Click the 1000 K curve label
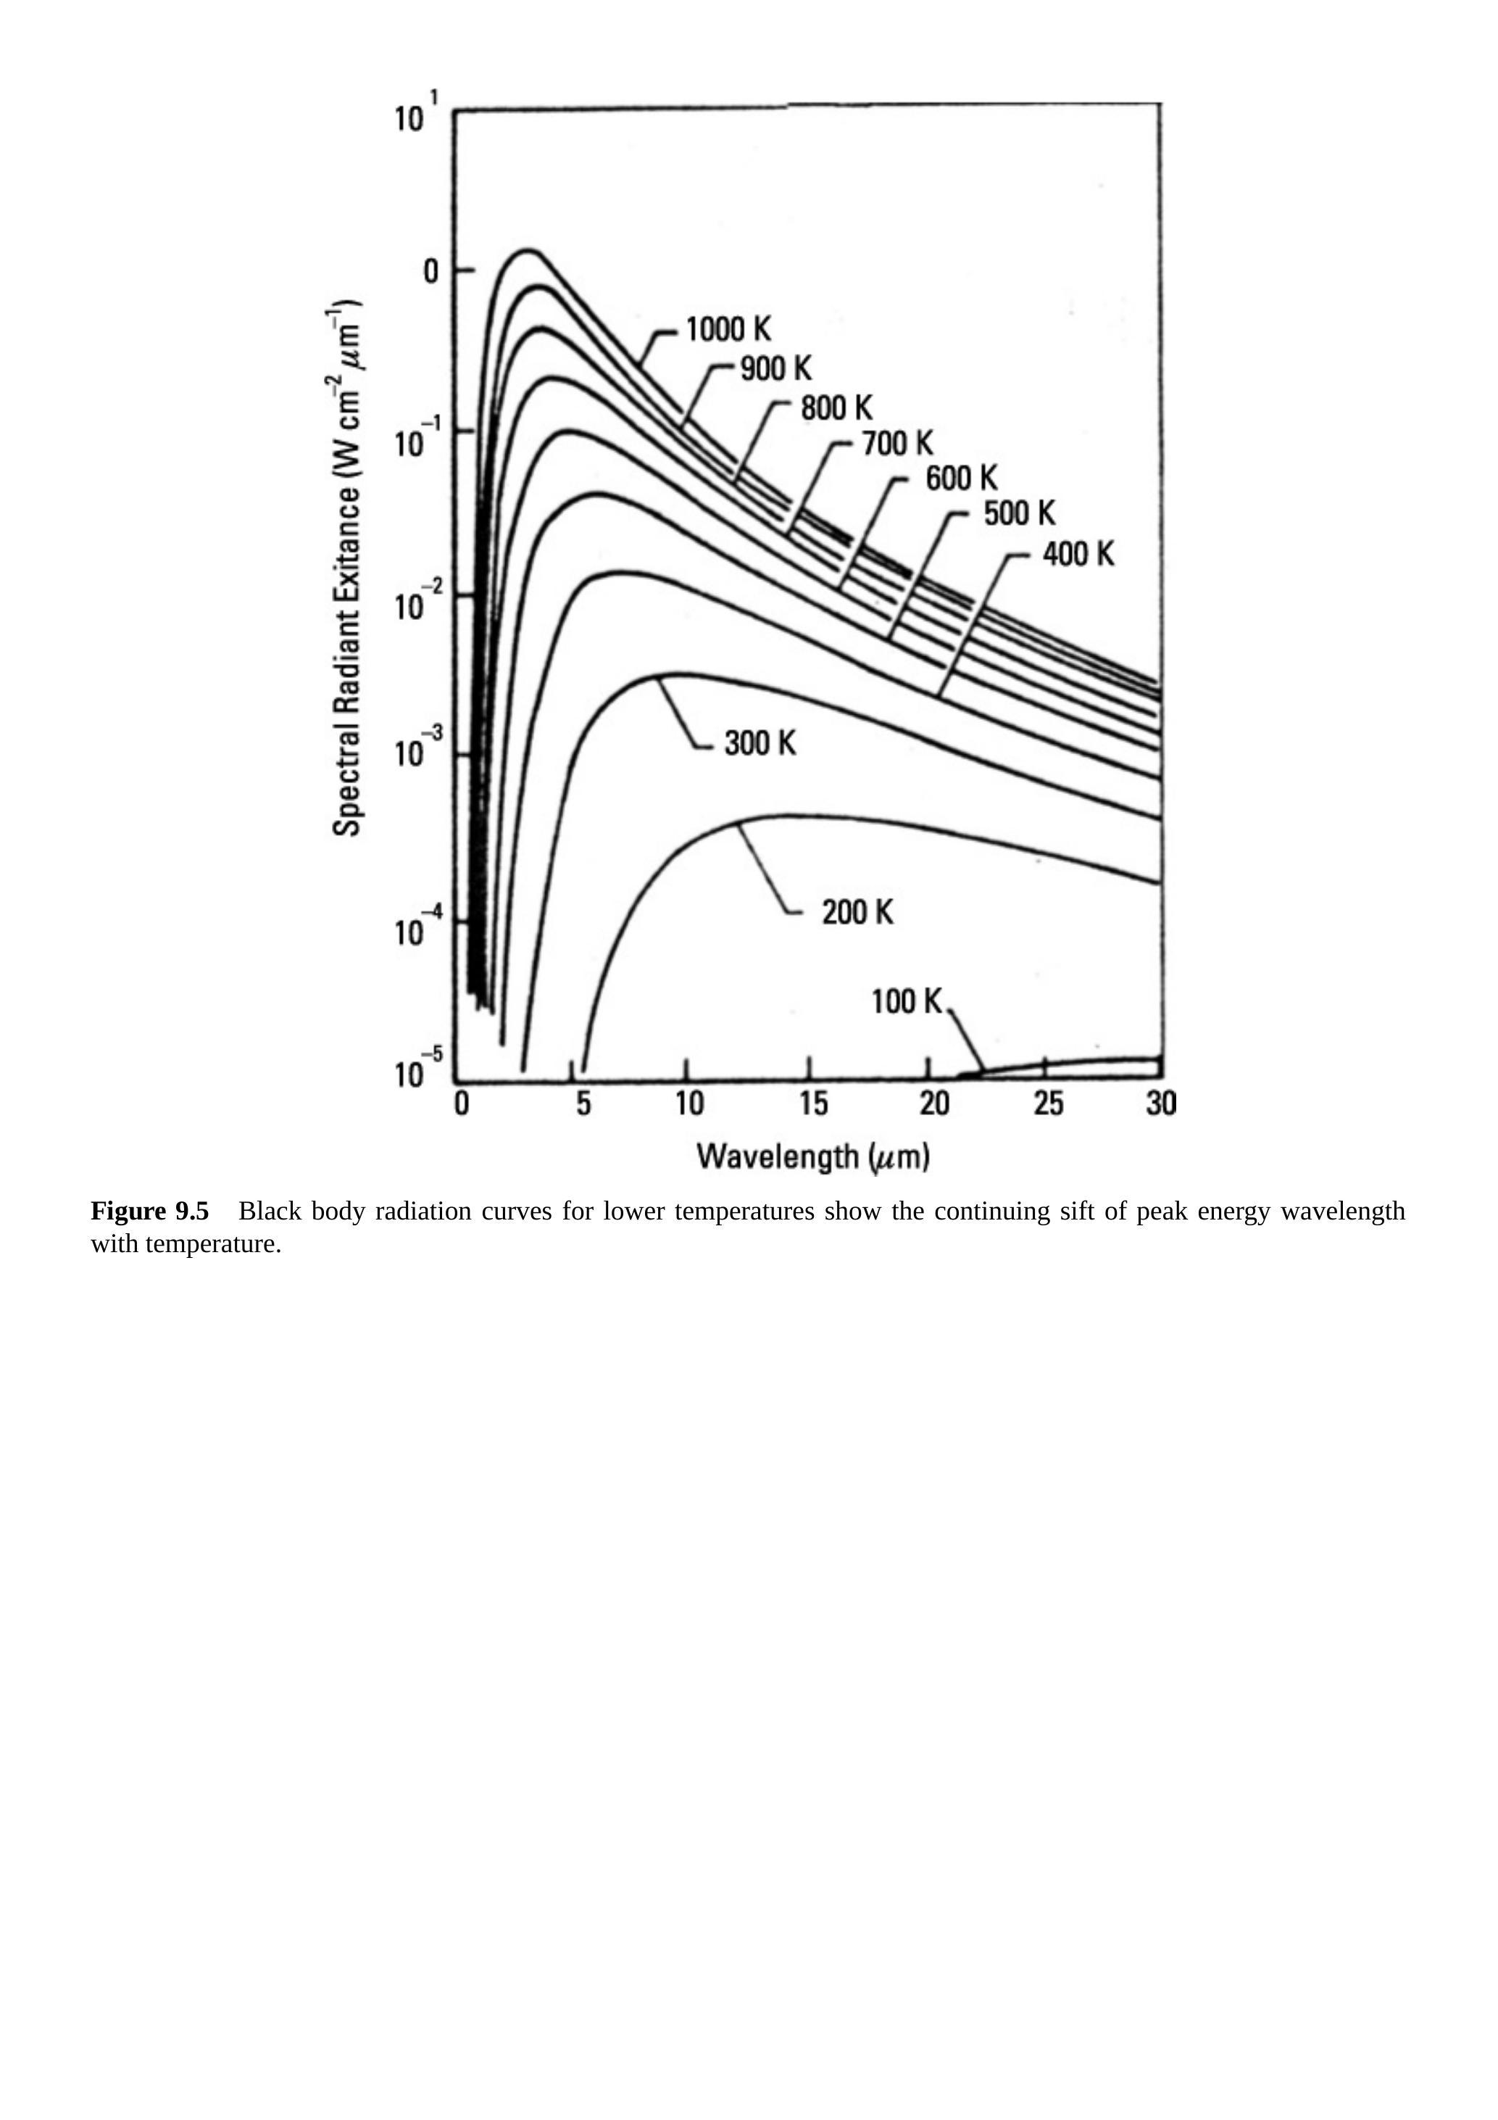tap(728, 330)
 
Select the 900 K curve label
tap(775, 368)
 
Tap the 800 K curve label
tap(836, 407)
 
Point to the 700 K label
tap(898, 444)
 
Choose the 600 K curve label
tap(962, 479)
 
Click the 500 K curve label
tap(1019, 513)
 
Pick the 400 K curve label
tap(1078, 554)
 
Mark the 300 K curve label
tap(760, 742)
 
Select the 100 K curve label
tap(907, 1001)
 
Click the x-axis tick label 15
tap(813, 1104)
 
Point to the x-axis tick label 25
tap(1049, 1104)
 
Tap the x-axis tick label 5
tap(583, 1104)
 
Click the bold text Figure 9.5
tap(149, 1211)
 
